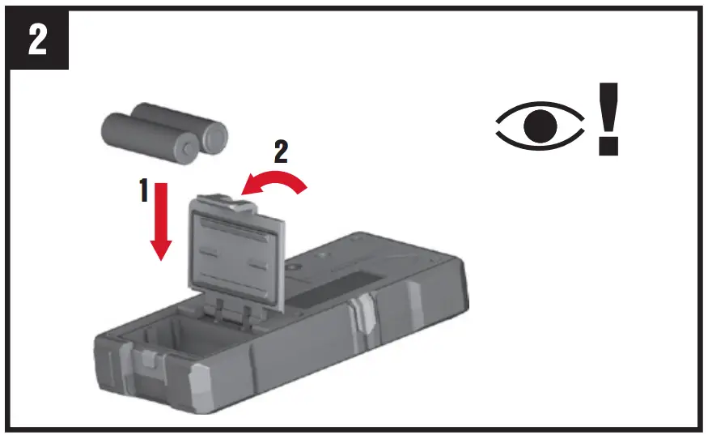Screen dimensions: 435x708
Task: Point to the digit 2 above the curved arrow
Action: point(280,151)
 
